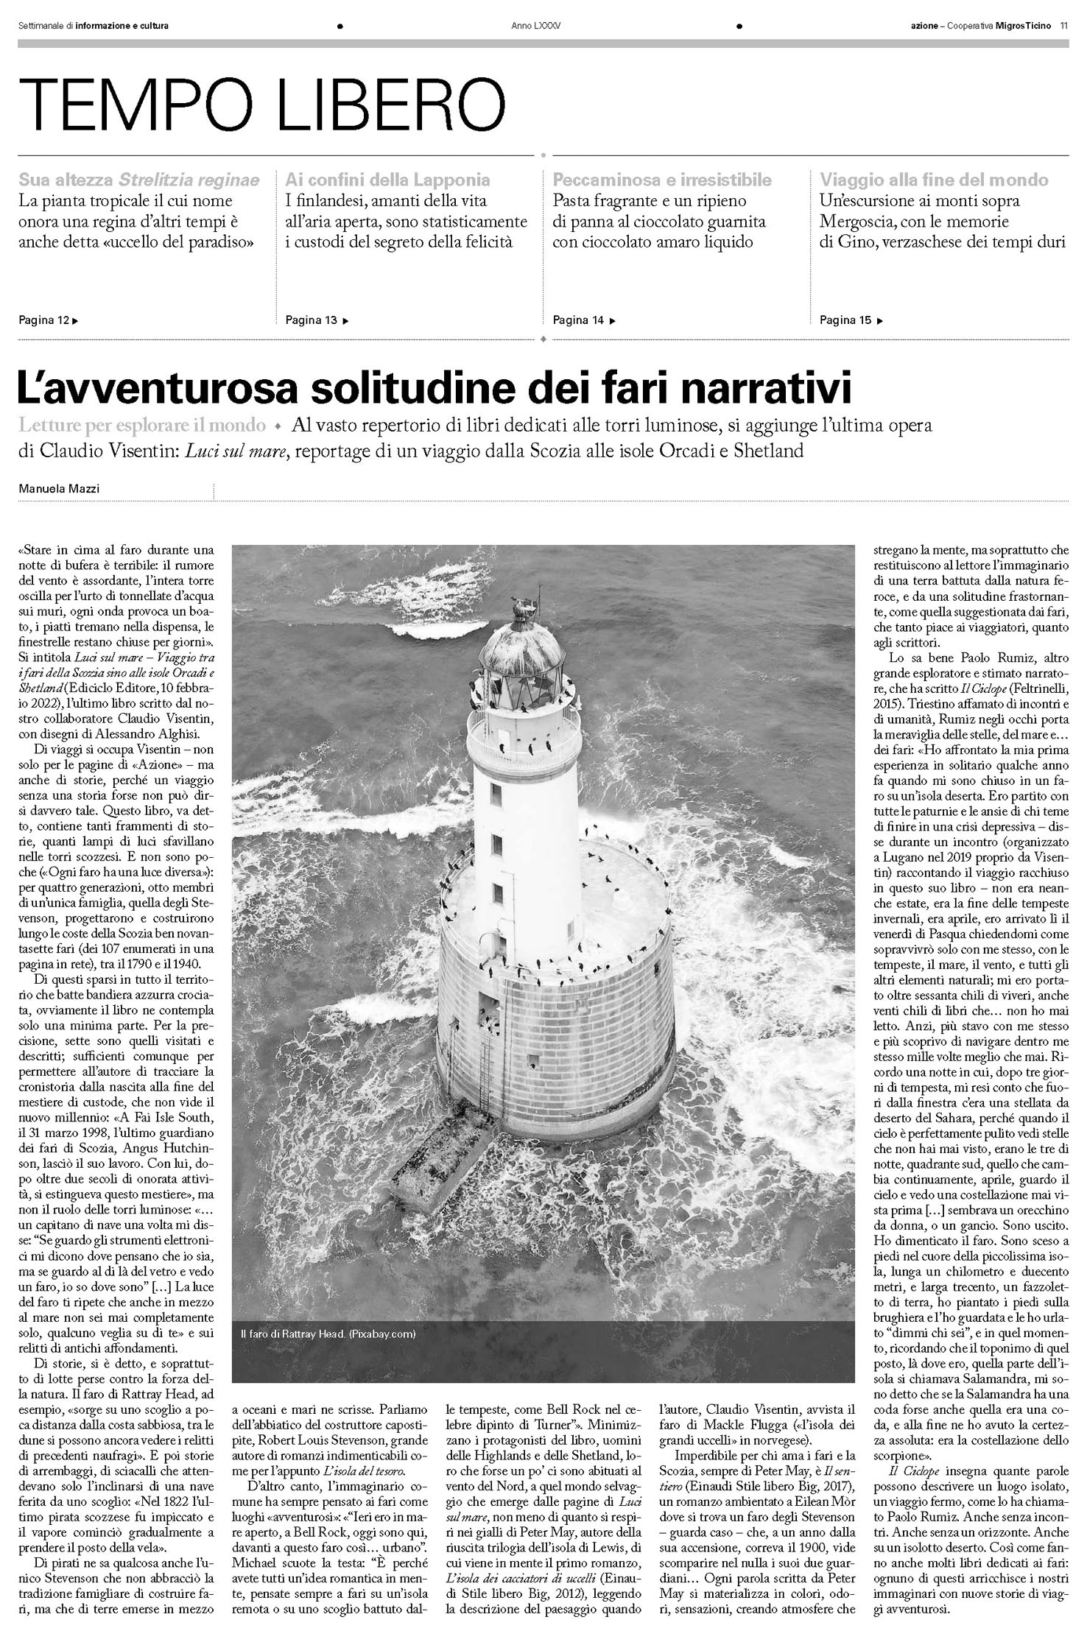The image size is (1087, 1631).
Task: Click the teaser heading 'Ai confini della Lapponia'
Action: [387, 180]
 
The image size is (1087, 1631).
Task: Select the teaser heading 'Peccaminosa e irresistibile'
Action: [662, 180]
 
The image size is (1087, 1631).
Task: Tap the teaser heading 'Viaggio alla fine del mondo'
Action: [934, 180]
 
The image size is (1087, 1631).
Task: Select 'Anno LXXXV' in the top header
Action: [536, 26]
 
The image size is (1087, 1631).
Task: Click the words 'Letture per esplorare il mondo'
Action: [142, 426]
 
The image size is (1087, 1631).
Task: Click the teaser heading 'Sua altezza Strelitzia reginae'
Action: [139, 180]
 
